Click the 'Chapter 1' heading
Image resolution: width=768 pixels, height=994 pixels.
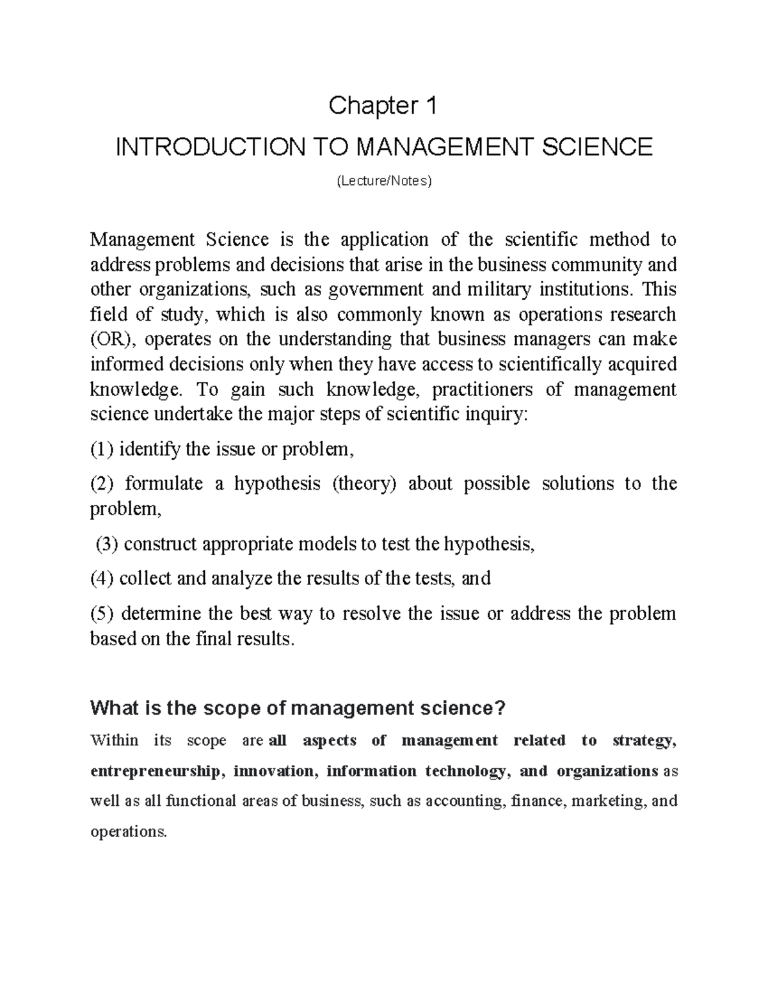(x=383, y=106)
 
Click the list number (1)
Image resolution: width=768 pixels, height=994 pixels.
(x=102, y=449)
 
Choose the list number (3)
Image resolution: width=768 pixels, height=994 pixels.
(x=107, y=544)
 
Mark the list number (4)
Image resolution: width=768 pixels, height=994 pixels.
(x=102, y=579)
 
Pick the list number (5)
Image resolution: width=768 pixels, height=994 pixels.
(x=102, y=614)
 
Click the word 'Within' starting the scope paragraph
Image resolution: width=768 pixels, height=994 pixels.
(x=115, y=741)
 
